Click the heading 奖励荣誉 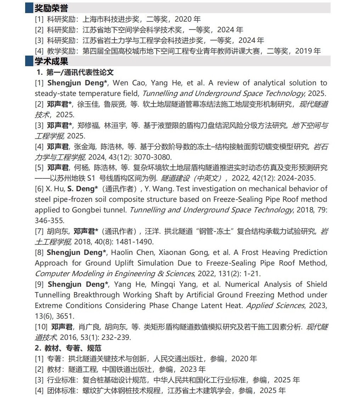(x=51, y=8)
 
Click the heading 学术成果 (x=51, y=61)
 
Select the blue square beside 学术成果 (x=29, y=61)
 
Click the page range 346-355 (x=50, y=221)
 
